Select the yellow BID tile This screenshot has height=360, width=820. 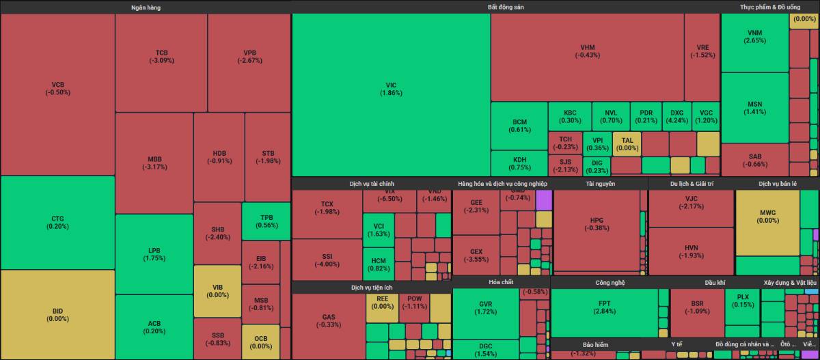pos(57,314)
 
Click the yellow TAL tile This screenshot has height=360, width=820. pos(627,143)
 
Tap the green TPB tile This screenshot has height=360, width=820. pos(266,221)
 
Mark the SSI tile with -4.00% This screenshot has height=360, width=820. pos(327,260)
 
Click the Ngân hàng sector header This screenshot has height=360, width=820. pos(146,7)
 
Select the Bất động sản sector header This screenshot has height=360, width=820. pos(506,7)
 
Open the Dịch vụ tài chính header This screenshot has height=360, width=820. pos(371,184)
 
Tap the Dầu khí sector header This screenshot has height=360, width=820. pos(715,281)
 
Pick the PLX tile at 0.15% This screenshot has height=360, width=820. pos(742,301)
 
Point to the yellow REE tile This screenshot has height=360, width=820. pos(382,303)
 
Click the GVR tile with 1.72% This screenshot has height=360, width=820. pos(485,307)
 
